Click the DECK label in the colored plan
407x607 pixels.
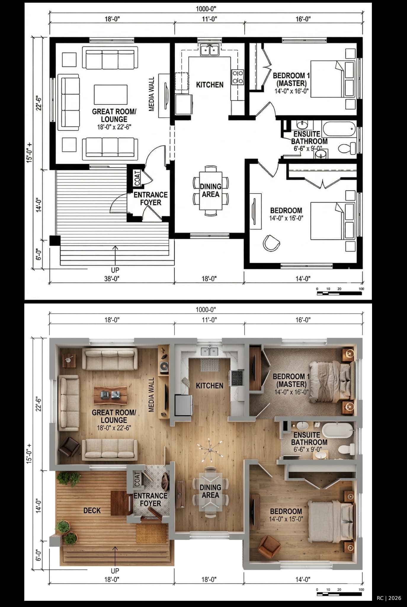[x=92, y=510]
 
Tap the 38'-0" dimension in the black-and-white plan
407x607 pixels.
[x=112, y=279]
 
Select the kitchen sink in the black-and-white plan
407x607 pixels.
[x=210, y=50]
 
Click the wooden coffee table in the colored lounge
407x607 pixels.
[x=110, y=395]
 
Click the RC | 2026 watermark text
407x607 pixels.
[x=389, y=598]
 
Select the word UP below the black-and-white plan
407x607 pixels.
[x=115, y=270]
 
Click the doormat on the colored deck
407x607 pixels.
[x=152, y=533]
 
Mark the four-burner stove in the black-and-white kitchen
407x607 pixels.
[x=238, y=77]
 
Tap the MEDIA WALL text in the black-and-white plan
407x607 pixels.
[x=152, y=94]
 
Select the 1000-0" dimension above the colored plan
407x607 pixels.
[x=206, y=310]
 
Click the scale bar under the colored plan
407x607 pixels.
[x=339, y=594]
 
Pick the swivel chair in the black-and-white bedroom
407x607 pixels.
[x=271, y=243]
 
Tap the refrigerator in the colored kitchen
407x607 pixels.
[x=184, y=405]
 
